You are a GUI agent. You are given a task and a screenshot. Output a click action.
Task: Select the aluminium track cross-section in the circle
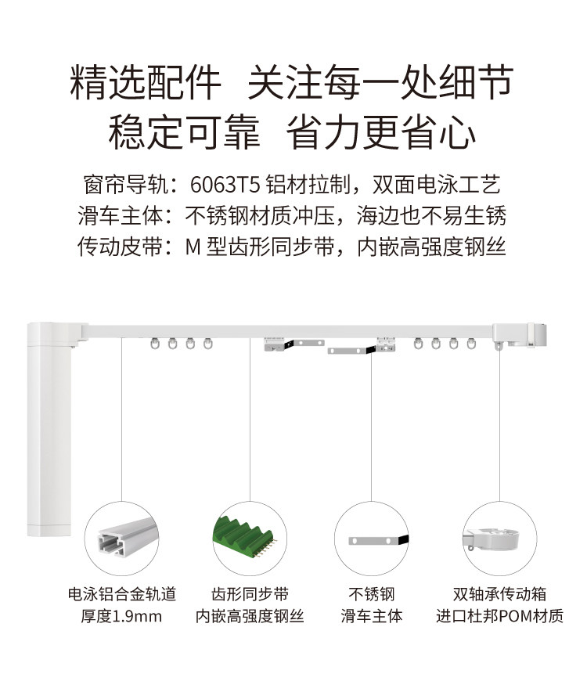click(127, 538)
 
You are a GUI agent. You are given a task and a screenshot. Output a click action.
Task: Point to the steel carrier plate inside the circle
click(379, 540)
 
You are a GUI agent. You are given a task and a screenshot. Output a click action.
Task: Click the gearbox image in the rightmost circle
click(491, 540)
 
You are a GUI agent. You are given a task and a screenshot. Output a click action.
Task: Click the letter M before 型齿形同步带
click(193, 247)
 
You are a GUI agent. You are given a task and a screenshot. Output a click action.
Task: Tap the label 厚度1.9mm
click(121, 616)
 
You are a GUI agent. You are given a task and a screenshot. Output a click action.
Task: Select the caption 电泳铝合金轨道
click(122, 594)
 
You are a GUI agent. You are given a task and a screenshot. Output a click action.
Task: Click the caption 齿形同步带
click(250, 594)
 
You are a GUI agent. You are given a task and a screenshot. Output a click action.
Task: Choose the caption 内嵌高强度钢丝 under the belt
click(250, 616)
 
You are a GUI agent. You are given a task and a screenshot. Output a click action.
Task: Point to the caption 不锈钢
click(371, 594)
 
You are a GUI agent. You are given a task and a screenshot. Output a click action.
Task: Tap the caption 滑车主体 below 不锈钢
click(371, 616)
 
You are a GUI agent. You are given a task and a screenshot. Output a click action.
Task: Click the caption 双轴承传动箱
click(499, 594)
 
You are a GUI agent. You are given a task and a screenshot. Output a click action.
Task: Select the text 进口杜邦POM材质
click(499, 616)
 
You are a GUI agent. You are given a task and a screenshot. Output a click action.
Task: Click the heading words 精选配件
click(146, 82)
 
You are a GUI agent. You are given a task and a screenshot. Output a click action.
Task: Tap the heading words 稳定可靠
click(184, 132)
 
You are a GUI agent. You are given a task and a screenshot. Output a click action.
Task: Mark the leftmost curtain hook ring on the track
click(154, 344)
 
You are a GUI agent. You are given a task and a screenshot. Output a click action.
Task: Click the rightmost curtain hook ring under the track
click(471, 344)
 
